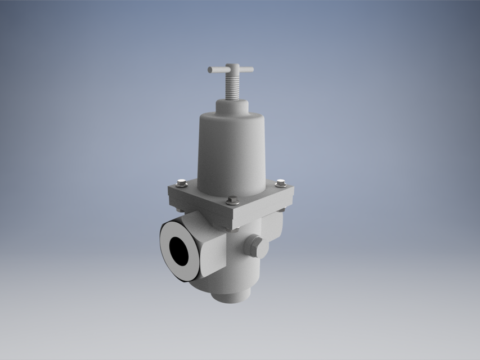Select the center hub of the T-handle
[231, 69]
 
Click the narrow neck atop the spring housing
[231, 106]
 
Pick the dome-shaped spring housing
[231, 149]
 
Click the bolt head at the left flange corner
[181, 183]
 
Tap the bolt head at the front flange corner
[232, 199]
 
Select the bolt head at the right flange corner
[281, 183]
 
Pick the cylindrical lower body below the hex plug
[236, 276]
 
